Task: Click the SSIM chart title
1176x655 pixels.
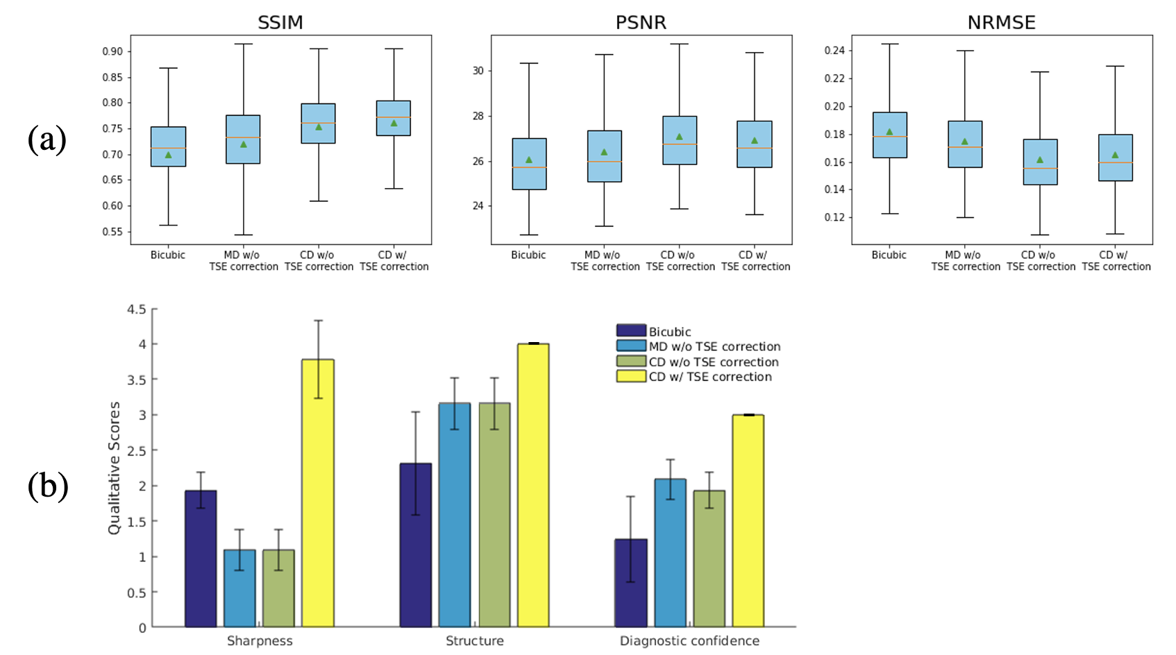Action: point(280,23)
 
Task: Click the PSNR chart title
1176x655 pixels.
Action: point(641,23)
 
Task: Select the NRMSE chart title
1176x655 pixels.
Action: point(1001,23)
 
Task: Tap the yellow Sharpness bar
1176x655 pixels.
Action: point(318,493)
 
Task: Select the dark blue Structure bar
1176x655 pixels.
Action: point(415,545)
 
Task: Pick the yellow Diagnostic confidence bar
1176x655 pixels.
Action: point(748,520)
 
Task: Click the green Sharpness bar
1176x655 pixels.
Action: point(278,588)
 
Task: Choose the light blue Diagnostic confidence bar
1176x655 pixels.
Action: point(670,552)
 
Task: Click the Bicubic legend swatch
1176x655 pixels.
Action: point(631,331)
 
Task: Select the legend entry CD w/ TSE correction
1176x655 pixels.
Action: point(709,377)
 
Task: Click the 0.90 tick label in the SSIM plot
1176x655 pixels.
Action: point(112,51)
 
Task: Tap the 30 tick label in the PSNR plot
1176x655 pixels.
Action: point(478,71)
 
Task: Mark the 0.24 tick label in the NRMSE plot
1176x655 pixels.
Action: point(834,51)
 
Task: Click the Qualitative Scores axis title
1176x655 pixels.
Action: point(115,468)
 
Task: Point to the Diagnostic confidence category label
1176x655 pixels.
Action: point(689,641)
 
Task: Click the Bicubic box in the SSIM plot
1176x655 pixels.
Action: point(168,146)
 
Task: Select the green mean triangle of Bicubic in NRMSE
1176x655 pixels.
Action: point(889,132)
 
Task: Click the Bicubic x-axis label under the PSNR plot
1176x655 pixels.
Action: point(528,255)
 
